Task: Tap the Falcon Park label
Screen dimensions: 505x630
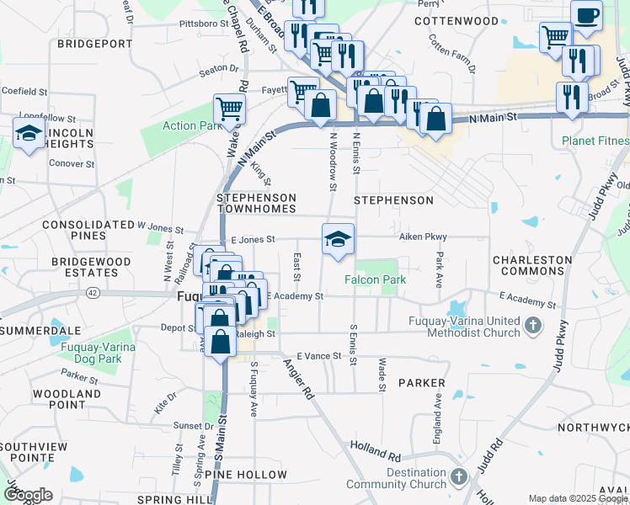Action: click(375, 279)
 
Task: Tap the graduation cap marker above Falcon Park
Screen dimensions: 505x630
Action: click(338, 239)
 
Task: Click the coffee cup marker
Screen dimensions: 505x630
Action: click(586, 13)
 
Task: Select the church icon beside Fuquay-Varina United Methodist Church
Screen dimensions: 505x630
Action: click(532, 324)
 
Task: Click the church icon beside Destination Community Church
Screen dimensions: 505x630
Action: click(458, 477)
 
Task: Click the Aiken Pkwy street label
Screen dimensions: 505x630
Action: click(423, 237)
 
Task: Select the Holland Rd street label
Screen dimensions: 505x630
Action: click(376, 455)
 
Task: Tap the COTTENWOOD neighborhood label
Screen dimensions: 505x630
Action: click(456, 19)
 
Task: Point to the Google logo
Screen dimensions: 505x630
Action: click(27, 495)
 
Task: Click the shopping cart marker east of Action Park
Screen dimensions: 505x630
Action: click(229, 108)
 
